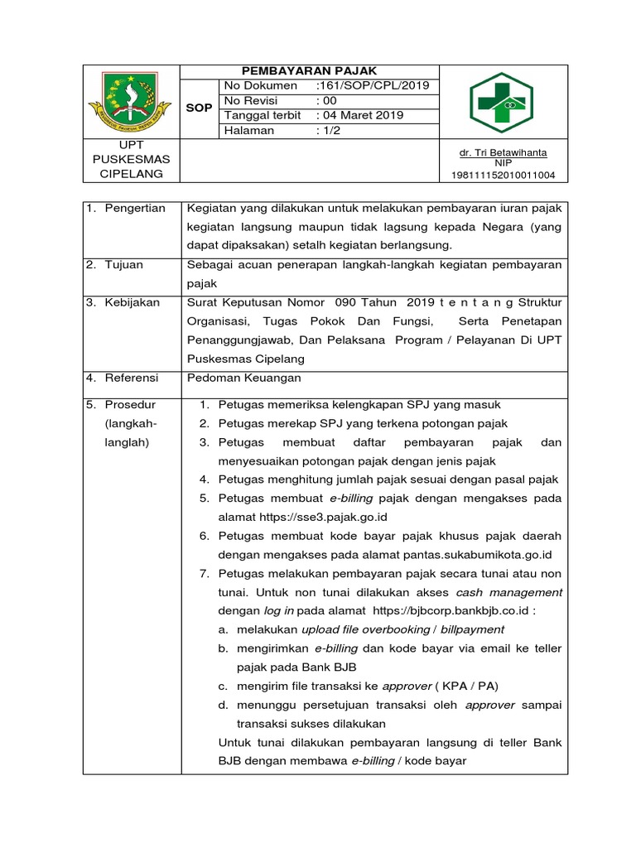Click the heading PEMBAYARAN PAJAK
click(x=309, y=72)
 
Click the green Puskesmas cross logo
click(x=503, y=102)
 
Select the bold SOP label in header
click(x=199, y=108)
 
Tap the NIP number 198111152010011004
click(x=503, y=175)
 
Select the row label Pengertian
click(x=135, y=208)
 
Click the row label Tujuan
click(x=123, y=264)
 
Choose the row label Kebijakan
click(x=132, y=302)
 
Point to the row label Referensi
click(x=132, y=378)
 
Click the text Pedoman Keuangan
click(x=245, y=378)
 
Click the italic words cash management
click(x=509, y=592)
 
